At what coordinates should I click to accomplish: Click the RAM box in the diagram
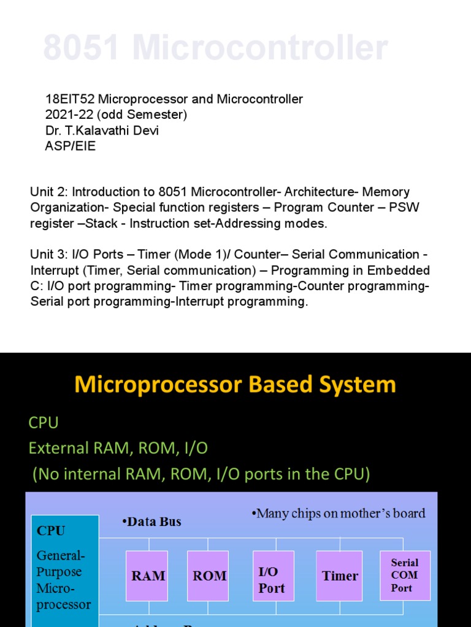148,576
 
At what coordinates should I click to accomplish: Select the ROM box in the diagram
209,576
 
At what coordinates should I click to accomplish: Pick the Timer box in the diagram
340,576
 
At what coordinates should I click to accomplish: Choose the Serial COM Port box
405,575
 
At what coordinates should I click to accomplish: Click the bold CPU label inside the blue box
51,530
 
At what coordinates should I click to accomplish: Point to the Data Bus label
151,522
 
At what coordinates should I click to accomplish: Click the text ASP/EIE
71,146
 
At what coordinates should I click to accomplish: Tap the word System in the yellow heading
362,385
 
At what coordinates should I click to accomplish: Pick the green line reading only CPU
44,422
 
